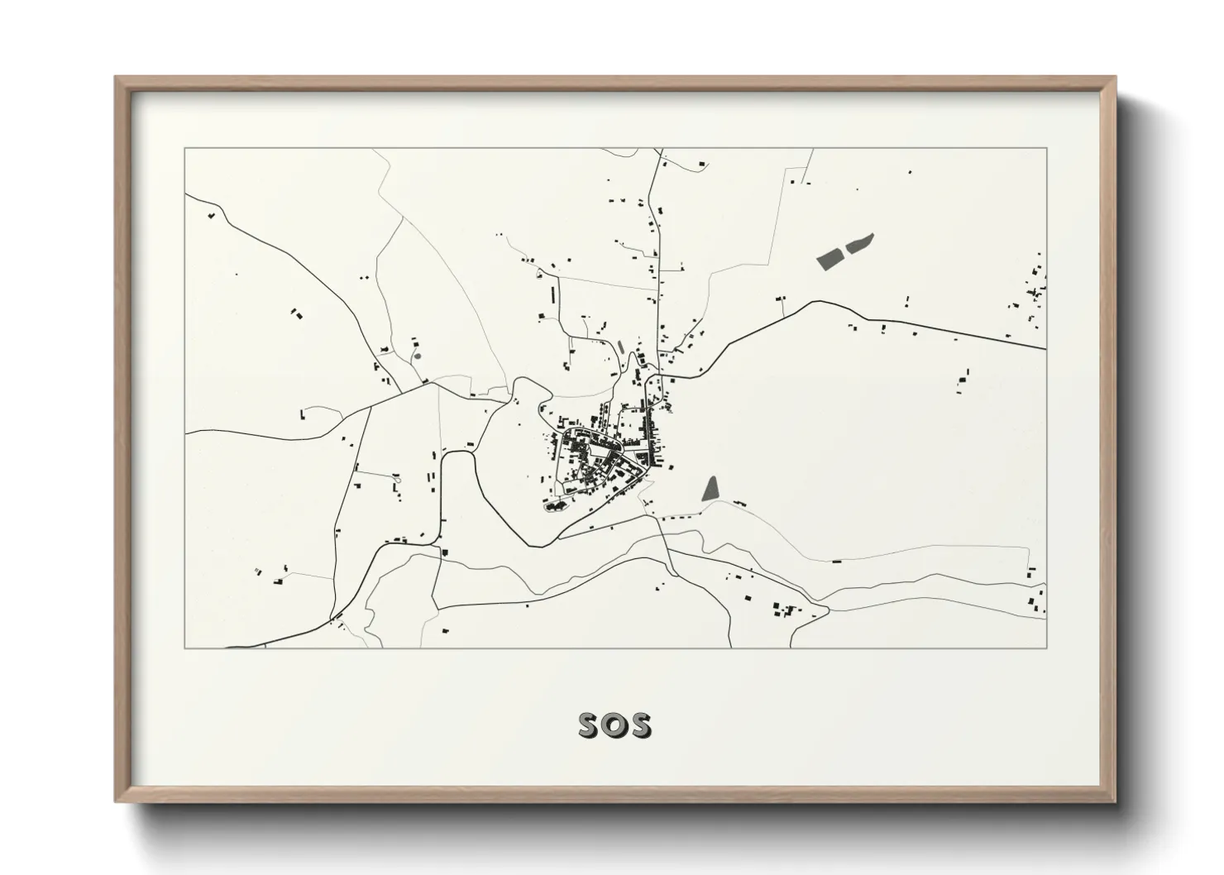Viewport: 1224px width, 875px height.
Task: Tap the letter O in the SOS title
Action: (614, 725)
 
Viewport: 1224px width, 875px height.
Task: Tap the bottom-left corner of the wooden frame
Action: (117, 801)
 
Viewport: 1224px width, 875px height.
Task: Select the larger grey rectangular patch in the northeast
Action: (830, 258)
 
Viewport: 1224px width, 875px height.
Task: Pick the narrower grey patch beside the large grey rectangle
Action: (861, 243)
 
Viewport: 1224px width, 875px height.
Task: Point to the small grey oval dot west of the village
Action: (418, 356)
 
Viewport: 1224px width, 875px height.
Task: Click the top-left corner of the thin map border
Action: (184, 149)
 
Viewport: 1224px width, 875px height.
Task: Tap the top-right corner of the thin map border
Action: (1047, 149)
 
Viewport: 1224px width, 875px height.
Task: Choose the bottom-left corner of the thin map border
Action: (184, 648)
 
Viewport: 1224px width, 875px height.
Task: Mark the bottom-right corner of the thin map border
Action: (1047, 648)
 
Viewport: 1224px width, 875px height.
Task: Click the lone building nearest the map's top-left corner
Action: (211, 216)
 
